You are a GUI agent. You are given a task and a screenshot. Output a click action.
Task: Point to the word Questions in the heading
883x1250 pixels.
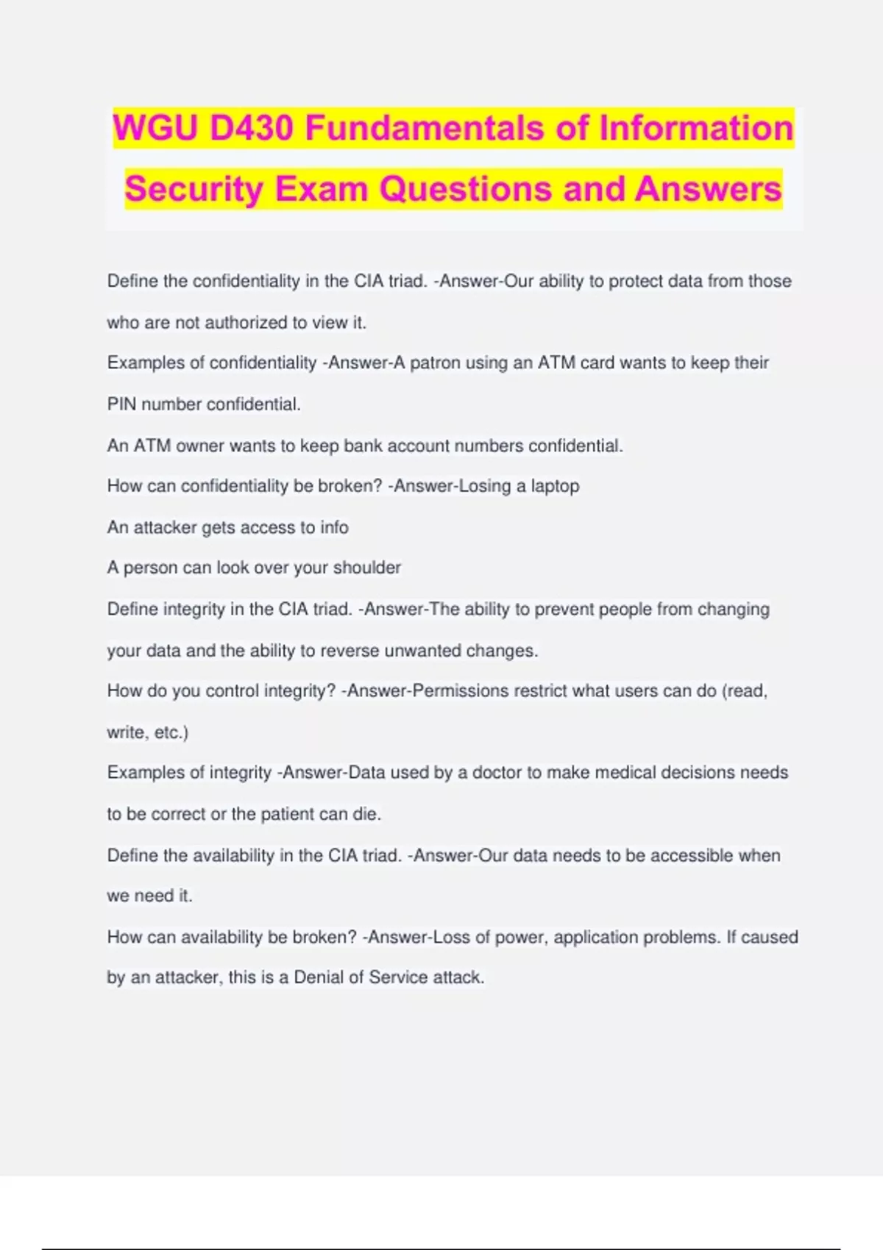click(x=465, y=189)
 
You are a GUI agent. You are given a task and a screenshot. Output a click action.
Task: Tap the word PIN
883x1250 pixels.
click(x=121, y=404)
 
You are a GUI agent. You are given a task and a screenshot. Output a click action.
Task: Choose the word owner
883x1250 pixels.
click(x=200, y=446)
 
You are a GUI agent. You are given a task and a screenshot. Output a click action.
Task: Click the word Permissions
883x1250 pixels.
click(x=461, y=691)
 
